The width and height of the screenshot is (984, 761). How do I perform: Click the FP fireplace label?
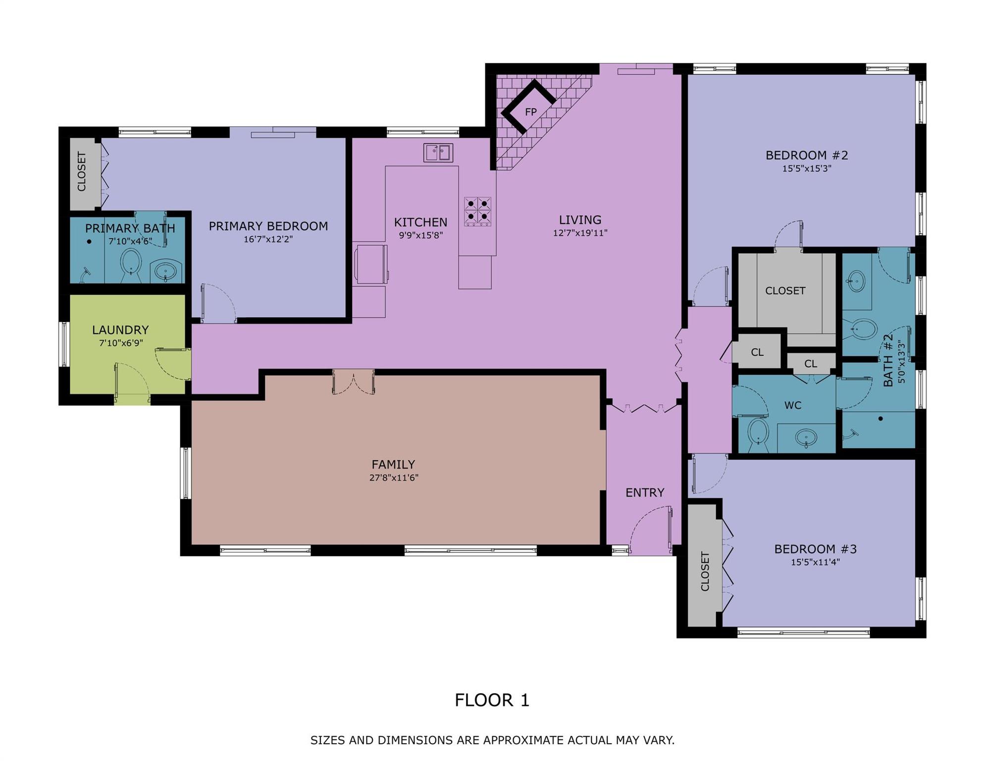[530, 112]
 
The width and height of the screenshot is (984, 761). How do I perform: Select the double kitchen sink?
[438, 152]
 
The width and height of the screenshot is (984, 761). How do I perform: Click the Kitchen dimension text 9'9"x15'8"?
[420, 235]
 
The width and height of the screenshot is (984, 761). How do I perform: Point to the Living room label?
[580, 219]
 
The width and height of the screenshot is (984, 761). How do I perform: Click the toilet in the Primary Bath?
[131, 262]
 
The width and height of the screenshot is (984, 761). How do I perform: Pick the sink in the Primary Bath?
[165, 271]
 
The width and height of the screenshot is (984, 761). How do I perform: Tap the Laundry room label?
[120, 329]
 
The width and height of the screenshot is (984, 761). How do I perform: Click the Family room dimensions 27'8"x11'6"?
[393, 478]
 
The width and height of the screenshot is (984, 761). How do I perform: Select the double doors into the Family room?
[353, 382]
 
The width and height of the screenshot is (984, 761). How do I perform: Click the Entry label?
[644, 492]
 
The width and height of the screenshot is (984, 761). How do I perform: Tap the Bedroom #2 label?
[806, 155]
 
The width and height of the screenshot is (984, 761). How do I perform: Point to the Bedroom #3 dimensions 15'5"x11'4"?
[815, 562]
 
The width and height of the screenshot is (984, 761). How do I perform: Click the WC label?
[792, 405]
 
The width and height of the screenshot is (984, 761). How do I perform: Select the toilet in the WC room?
[758, 432]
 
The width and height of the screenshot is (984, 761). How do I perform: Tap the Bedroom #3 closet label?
[705, 571]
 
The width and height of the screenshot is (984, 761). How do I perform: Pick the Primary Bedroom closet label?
[82, 171]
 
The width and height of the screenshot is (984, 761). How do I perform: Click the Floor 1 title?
[492, 700]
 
